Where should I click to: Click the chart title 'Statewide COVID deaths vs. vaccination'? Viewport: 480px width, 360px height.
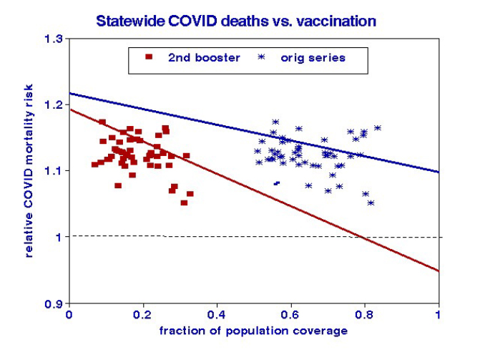pyautogui.click(x=237, y=21)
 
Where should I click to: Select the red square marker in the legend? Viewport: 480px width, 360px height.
pyautogui.click(x=148, y=57)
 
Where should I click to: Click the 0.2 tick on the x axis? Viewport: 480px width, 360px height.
pyautogui.click(x=142, y=314)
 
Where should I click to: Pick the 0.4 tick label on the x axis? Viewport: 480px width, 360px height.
pyautogui.click(x=216, y=314)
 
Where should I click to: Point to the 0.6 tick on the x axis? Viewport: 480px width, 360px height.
pyautogui.click(x=290, y=314)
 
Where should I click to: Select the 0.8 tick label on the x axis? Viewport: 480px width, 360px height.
pyautogui.click(x=364, y=314)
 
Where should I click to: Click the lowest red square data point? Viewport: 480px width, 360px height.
pyautogui.click(x=184, y=203)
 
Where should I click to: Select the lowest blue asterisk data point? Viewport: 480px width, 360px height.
pyautogui.click(x=371, y=203)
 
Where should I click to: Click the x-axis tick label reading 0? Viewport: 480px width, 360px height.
pyautogui.click(x=69, y=314)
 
